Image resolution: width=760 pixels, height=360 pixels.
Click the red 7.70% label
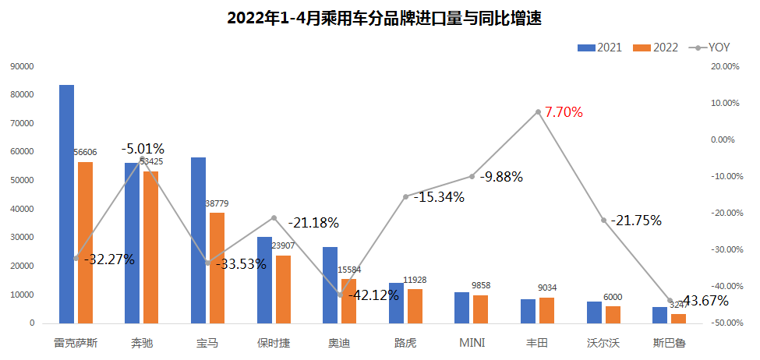click(x=564, y=112)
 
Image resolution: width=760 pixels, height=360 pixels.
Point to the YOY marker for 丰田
click(x=538, y=112)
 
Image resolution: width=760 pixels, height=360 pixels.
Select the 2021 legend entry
click(x=599, y=48)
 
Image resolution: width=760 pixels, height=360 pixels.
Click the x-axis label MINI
click(x=471, y=342)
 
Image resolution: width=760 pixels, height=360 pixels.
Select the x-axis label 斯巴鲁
click(x=670, y=342)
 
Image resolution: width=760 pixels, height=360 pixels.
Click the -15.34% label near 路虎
click(x=439, y=197)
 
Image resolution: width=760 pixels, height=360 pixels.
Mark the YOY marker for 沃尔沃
click(x=603, y=221)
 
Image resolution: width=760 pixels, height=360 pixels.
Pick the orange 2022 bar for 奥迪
click(x=348, y=301)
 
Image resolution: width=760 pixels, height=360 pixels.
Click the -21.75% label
click(x=636, y=221)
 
